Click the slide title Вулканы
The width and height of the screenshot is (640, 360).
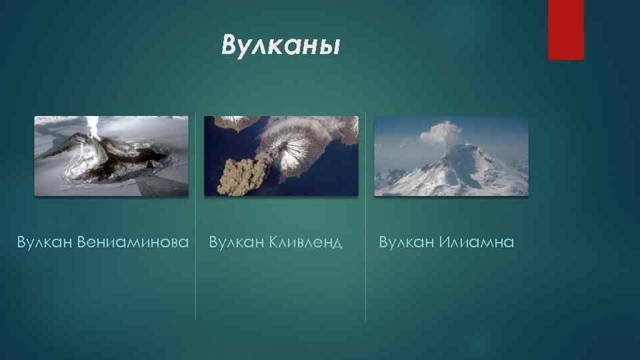tap(281, 46)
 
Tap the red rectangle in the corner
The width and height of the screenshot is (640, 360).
tap(565, 29)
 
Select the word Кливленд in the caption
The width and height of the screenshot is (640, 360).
tap(305, 241)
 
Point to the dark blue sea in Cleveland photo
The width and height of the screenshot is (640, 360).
tap(220, 147)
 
